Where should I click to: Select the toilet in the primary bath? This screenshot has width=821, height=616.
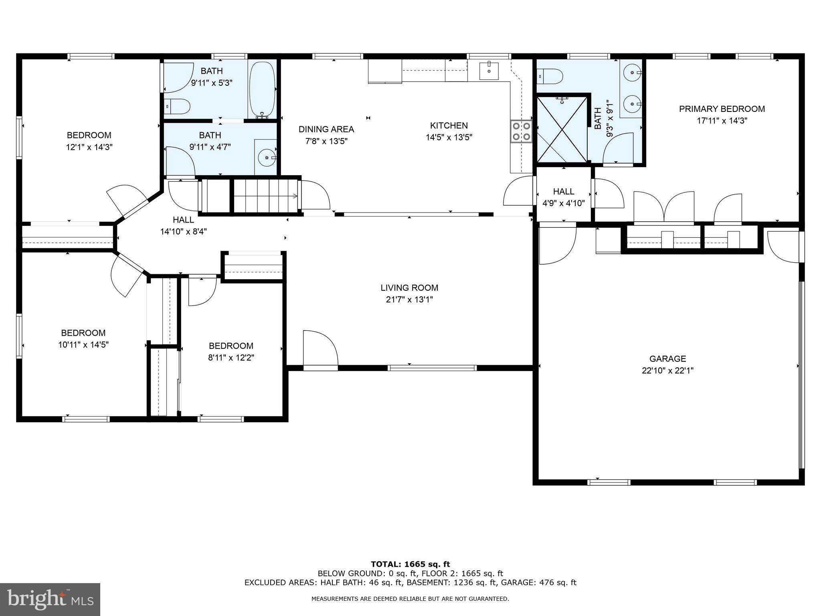click(x=551, y=76)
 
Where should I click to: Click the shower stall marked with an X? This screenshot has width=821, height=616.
click(x=563, y=129)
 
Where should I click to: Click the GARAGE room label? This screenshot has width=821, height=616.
click(x=667, y=359)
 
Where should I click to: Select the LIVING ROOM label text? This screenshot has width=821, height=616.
click(x=409, y=288)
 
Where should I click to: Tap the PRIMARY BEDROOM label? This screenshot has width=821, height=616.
click(x=722, y=109)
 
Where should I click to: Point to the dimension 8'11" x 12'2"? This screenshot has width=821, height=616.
click(x=231, y=357)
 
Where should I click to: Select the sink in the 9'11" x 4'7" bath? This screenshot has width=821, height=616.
click(x=266, y=158)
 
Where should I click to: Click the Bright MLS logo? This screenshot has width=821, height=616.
click(x=50, y=599)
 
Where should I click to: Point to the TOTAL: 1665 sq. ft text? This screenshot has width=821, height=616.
click(x=410, y=564)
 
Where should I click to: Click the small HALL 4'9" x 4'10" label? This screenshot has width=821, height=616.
click(x=563, y=191)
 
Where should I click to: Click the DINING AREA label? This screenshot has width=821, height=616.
click(x=326, y=129)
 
